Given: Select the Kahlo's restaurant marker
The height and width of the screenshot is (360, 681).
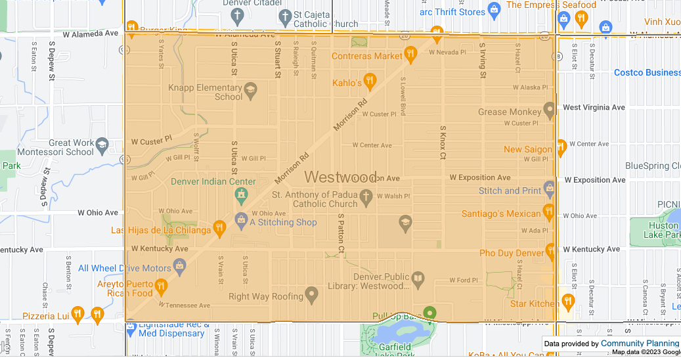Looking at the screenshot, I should pyautogui.click(x=370, y=82).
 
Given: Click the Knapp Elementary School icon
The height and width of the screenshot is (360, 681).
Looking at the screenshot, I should pyautogui.click(x=250, y=89).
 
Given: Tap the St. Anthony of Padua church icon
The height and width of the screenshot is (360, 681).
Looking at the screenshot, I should pyautogui.click(x=366, y=196).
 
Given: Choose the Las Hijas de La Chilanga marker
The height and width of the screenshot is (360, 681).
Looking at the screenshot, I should pyautogui.click(x=219, y=229).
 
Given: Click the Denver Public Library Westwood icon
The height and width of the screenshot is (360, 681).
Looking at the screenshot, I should pyautogui.click(x=418, y=281).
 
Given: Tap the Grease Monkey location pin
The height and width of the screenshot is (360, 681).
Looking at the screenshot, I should pyautogui.click(x=550, y=108).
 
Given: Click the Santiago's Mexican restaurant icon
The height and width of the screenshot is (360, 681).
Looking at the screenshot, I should pyautogui.click(x=548, y=212).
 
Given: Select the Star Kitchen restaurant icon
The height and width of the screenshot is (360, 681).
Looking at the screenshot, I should pyautogui.click(x=568, y=301).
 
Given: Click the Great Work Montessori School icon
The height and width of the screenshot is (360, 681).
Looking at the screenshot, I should pyautogui.click(x=102, y=145).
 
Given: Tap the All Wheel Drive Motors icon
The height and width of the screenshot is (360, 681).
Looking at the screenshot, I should pyautogui.click(x=180, y=265).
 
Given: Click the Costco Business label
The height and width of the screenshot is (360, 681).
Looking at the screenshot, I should pyautogui.click(x=647, y=72).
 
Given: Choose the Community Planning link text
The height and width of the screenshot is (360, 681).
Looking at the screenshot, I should pyautogui.click(x=640, y=344).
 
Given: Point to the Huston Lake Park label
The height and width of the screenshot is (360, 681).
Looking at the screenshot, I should pyautogui.click(x=663, y=230).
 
